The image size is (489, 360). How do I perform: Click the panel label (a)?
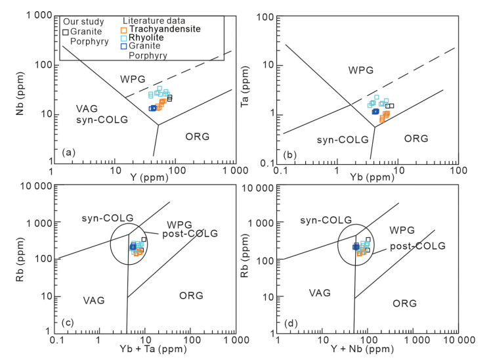pos(66,152)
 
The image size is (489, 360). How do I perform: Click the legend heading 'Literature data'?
pos(152,20)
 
